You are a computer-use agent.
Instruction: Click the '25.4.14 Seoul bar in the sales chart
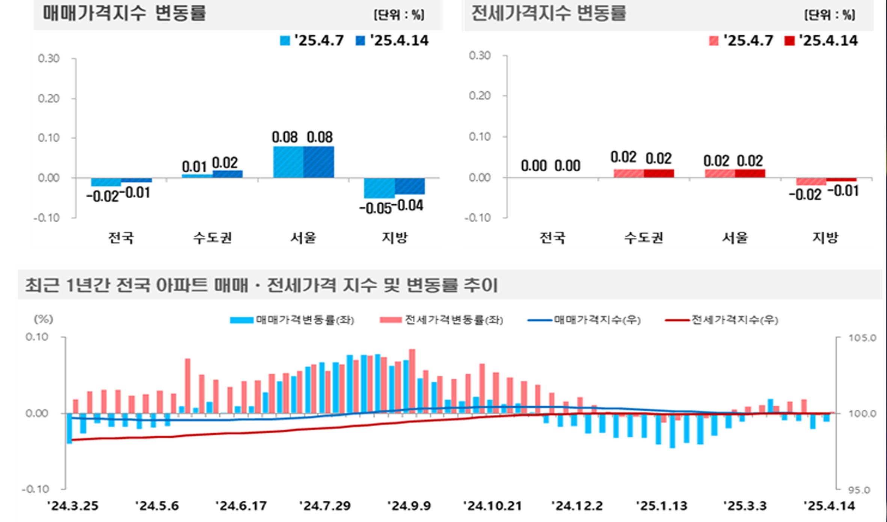click(x=318, y=162)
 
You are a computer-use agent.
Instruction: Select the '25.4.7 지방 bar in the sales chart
click(x=379, y=188)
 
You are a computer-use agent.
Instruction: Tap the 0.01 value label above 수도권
click(x=194, y=166)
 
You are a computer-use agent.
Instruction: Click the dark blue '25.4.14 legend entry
click(x=392, y=41)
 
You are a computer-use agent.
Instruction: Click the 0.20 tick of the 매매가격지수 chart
click(x=49, y=98)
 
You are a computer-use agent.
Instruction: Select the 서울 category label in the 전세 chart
click(x=735, y=238)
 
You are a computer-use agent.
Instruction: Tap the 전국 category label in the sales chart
click(x=121, y=238)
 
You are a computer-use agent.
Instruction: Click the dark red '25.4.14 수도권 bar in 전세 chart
click(x=659, y=173)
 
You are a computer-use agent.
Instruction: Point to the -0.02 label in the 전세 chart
click(x=805, y=195)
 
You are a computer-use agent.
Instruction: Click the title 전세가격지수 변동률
click(x=549, y=13)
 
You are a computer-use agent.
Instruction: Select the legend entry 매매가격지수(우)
click(x=584, y=320)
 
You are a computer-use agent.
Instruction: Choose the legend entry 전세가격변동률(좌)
click(x=442, y=320)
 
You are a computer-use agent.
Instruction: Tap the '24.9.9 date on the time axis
click(x=409, y=506)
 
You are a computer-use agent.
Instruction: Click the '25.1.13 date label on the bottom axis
click(x=662, y=506)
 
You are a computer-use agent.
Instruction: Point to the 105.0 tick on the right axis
click(x=862, y=338)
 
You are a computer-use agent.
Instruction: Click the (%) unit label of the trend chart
click(x=44, y=319)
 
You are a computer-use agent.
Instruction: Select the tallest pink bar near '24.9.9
click(x=412, y=381)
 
